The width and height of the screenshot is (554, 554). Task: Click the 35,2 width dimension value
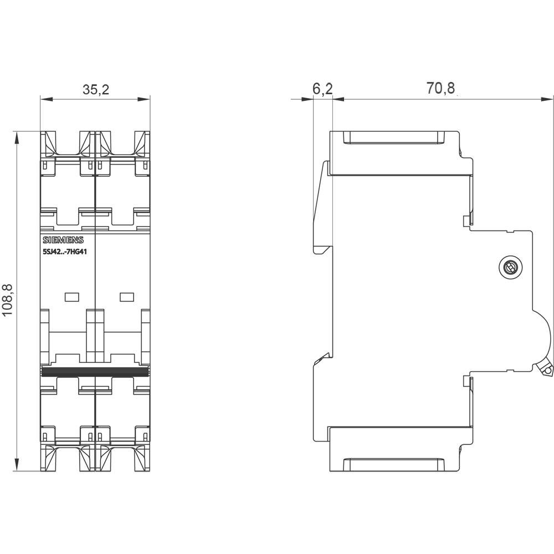[96, 90]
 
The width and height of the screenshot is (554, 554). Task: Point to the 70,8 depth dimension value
[440, 89]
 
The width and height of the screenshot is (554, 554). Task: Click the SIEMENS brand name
[63, 240]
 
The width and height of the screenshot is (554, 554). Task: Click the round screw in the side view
[508, 268]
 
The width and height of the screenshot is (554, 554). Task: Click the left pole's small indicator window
[71, 296]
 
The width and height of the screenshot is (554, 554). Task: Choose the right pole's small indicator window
[127, 296]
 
